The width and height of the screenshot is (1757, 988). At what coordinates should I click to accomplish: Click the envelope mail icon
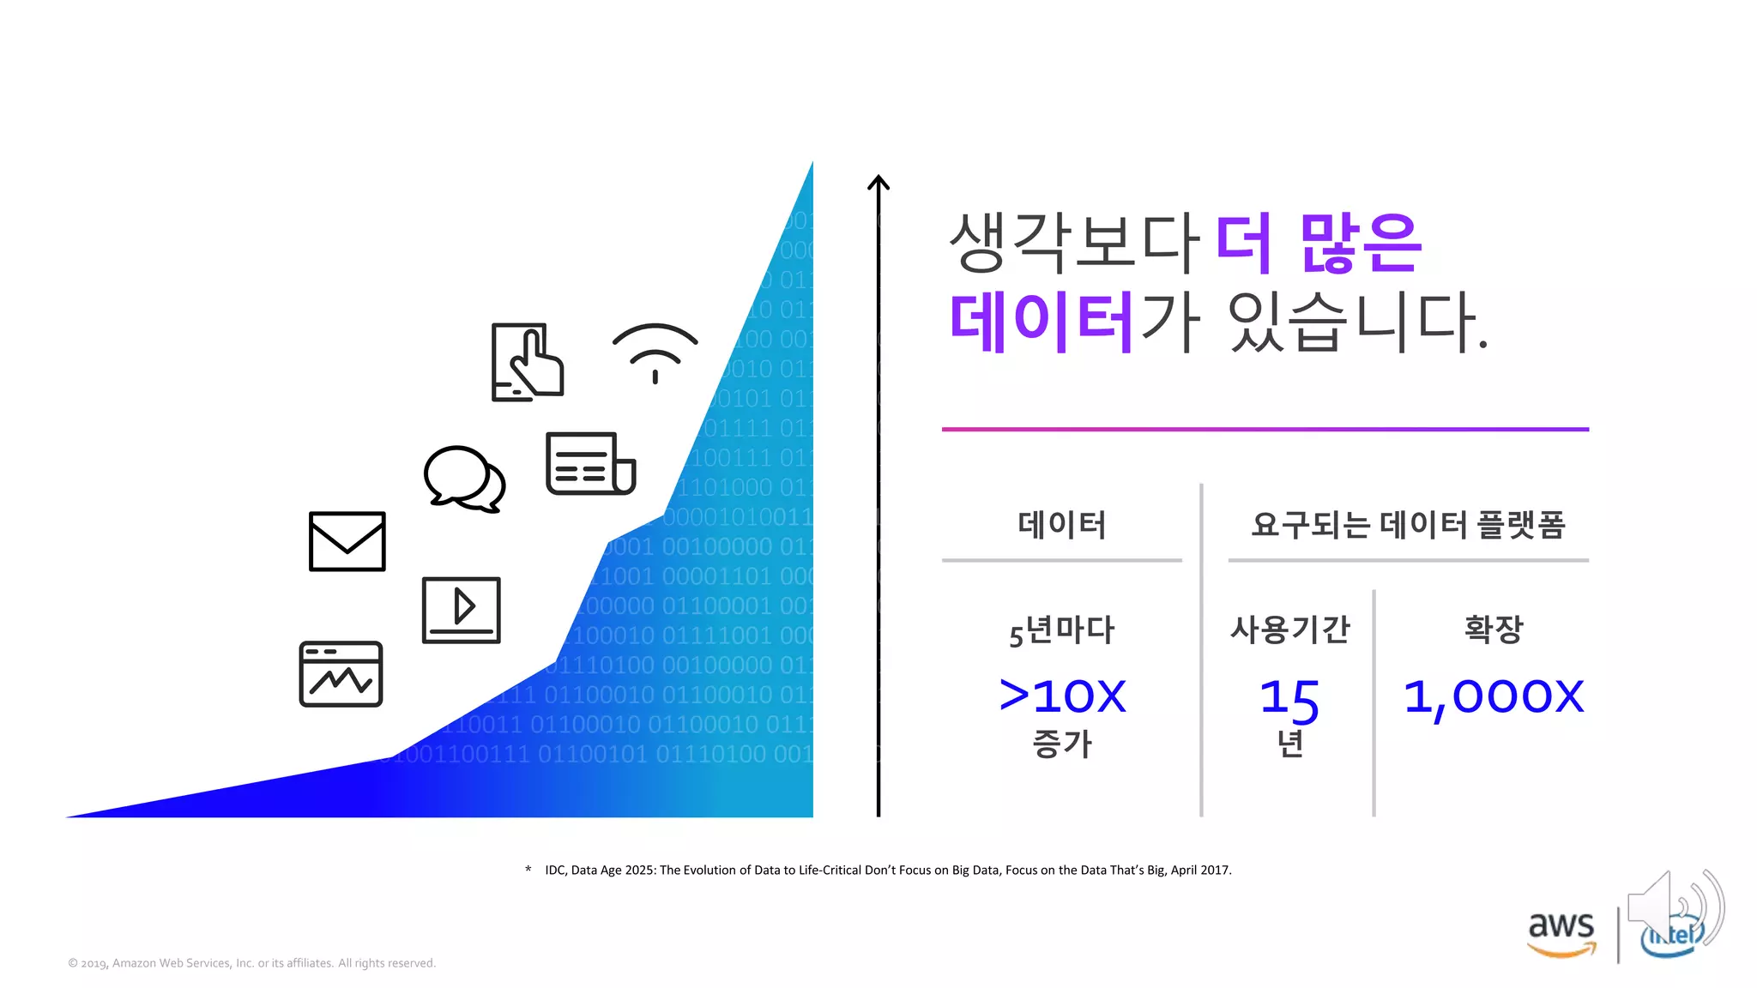[347, 541]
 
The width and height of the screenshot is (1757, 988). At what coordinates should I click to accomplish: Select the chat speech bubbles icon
[464, 479]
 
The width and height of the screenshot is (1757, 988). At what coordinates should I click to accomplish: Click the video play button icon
[461, 610]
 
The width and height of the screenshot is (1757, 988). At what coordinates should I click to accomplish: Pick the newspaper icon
[590, 463]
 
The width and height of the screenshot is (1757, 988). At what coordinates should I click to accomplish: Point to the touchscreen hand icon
[527, 362]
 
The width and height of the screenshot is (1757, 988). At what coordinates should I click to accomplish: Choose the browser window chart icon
[341, 674]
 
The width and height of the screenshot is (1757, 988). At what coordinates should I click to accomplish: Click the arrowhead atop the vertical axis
[878, 182]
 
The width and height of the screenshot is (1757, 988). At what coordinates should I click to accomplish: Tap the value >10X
[1062, 696]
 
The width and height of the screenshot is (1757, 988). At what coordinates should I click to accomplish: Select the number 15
[1289, 698]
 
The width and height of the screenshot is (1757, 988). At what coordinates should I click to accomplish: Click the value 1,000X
[1493, 696]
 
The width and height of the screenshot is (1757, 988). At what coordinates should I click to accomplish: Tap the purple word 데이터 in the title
[1042, 322]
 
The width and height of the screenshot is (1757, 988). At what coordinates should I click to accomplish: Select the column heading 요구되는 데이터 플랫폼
[1408, 524]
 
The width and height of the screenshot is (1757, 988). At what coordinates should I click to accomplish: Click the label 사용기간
[1289, 630]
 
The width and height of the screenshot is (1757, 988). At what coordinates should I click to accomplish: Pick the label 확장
[1493, 629]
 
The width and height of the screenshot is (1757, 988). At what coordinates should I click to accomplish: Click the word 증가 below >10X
[1062, 744]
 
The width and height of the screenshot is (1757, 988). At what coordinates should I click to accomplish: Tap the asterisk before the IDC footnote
[528, 870]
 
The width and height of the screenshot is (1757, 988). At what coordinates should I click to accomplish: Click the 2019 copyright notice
[252, 963]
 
